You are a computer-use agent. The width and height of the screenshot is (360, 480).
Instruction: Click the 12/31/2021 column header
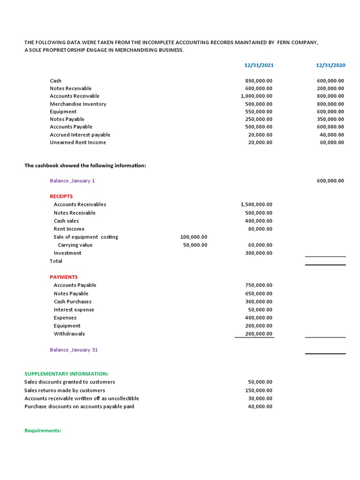point(259,66)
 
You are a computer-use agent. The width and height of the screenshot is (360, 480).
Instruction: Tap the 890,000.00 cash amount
point(258,81)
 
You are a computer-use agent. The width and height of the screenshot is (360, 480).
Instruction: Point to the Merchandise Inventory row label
point(78,104)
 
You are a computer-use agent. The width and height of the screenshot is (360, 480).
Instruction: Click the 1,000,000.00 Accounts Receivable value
point(256,96)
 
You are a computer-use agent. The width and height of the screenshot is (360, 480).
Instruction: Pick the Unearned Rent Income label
point(78,142)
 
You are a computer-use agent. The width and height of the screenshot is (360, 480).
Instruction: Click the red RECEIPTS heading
point(61,196)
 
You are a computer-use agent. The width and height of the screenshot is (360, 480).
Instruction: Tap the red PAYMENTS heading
point(64,277)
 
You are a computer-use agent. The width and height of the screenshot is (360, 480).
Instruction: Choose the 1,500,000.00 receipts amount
point(256,204)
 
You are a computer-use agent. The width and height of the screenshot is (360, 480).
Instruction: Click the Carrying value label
point(75,245)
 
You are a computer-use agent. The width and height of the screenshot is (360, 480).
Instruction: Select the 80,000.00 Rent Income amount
point(260,229)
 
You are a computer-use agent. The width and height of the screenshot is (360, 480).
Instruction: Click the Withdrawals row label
point(69,334)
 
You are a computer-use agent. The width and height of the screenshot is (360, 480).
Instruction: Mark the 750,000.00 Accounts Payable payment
point(258,285)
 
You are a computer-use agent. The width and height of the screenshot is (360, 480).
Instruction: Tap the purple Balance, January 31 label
point(74,350)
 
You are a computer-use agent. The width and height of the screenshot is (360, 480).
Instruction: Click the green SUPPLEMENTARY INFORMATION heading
point(66,374)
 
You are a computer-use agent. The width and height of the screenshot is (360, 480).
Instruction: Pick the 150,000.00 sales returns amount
point(258,390)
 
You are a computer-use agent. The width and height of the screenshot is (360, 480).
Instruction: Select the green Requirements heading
point(43,431)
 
